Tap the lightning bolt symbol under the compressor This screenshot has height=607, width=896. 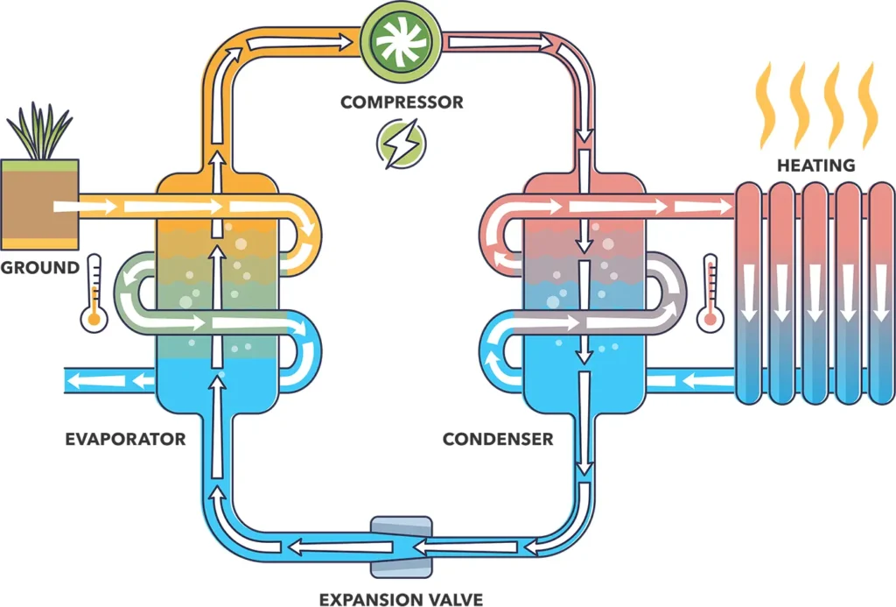click(402, 145)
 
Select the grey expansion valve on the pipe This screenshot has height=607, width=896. click(401, 547)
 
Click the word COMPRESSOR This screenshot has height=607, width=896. click(402, 102)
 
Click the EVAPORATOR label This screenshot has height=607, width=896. click(126, 439)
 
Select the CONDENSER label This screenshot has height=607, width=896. click(498, 439)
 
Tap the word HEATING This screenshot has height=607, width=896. click(816, 165)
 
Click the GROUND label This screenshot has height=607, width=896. click(39, 267)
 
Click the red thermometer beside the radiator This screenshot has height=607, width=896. click(710, 293)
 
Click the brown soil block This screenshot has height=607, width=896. click(39, 203)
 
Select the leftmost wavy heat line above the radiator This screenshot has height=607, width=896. click(765, 106)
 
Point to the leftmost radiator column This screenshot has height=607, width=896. click(750, 293)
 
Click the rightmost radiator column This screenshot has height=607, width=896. click(881, 293)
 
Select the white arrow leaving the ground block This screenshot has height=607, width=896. click(84, 208)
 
